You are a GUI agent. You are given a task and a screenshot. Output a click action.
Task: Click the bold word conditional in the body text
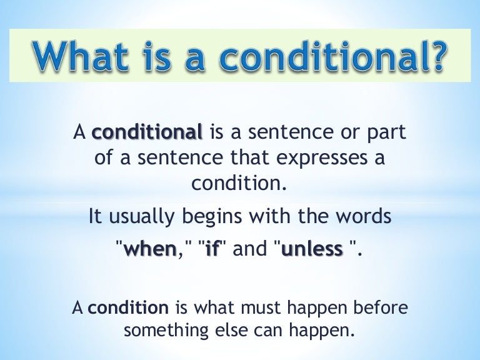pyautogui.click(x=147, y=133)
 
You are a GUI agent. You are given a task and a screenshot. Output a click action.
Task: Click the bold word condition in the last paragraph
pyautogui.click(x=128, y=308)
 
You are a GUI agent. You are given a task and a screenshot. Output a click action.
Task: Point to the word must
pyautogui.click(x=251, y=308)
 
